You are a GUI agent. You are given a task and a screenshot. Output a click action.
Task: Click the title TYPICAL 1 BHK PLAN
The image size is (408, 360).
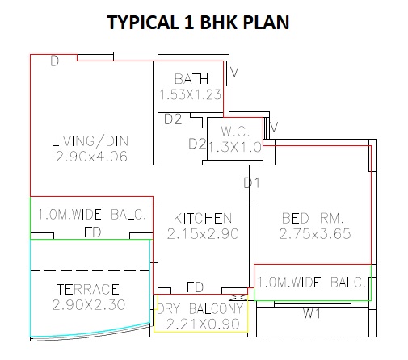198,22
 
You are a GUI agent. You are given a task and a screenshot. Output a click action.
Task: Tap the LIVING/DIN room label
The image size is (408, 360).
90,141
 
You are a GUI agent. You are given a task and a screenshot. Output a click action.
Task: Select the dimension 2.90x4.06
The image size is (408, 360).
91,157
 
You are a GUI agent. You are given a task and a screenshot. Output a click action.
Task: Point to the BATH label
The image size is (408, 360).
191,79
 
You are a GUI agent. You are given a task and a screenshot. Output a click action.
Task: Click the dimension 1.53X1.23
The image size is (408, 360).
191,94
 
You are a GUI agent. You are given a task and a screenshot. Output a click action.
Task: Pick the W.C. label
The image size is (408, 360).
235,132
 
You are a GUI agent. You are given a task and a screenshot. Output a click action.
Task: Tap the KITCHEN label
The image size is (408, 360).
203,219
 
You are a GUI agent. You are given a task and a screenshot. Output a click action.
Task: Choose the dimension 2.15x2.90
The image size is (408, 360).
203,234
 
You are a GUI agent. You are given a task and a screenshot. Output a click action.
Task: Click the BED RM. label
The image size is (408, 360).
313,218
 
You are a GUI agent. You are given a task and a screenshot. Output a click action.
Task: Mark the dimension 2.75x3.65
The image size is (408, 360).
315,234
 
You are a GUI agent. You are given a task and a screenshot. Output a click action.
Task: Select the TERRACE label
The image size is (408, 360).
88,290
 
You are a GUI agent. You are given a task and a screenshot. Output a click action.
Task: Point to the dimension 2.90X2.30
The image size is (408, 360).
89,305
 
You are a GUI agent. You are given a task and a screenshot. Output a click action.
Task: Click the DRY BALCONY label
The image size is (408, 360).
200,309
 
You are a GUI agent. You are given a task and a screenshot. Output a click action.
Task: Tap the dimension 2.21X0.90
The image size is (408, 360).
203,324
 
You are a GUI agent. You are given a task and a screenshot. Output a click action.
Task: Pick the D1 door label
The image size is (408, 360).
251,183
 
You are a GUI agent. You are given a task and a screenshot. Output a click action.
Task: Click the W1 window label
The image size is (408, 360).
312,313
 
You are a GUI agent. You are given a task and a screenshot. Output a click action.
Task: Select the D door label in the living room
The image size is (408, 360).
54,61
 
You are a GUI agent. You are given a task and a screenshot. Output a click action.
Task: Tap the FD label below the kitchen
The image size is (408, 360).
195,287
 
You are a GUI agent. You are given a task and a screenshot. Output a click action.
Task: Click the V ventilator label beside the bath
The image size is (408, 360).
234,72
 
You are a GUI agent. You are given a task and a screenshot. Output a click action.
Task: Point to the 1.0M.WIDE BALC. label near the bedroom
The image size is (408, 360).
311,283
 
